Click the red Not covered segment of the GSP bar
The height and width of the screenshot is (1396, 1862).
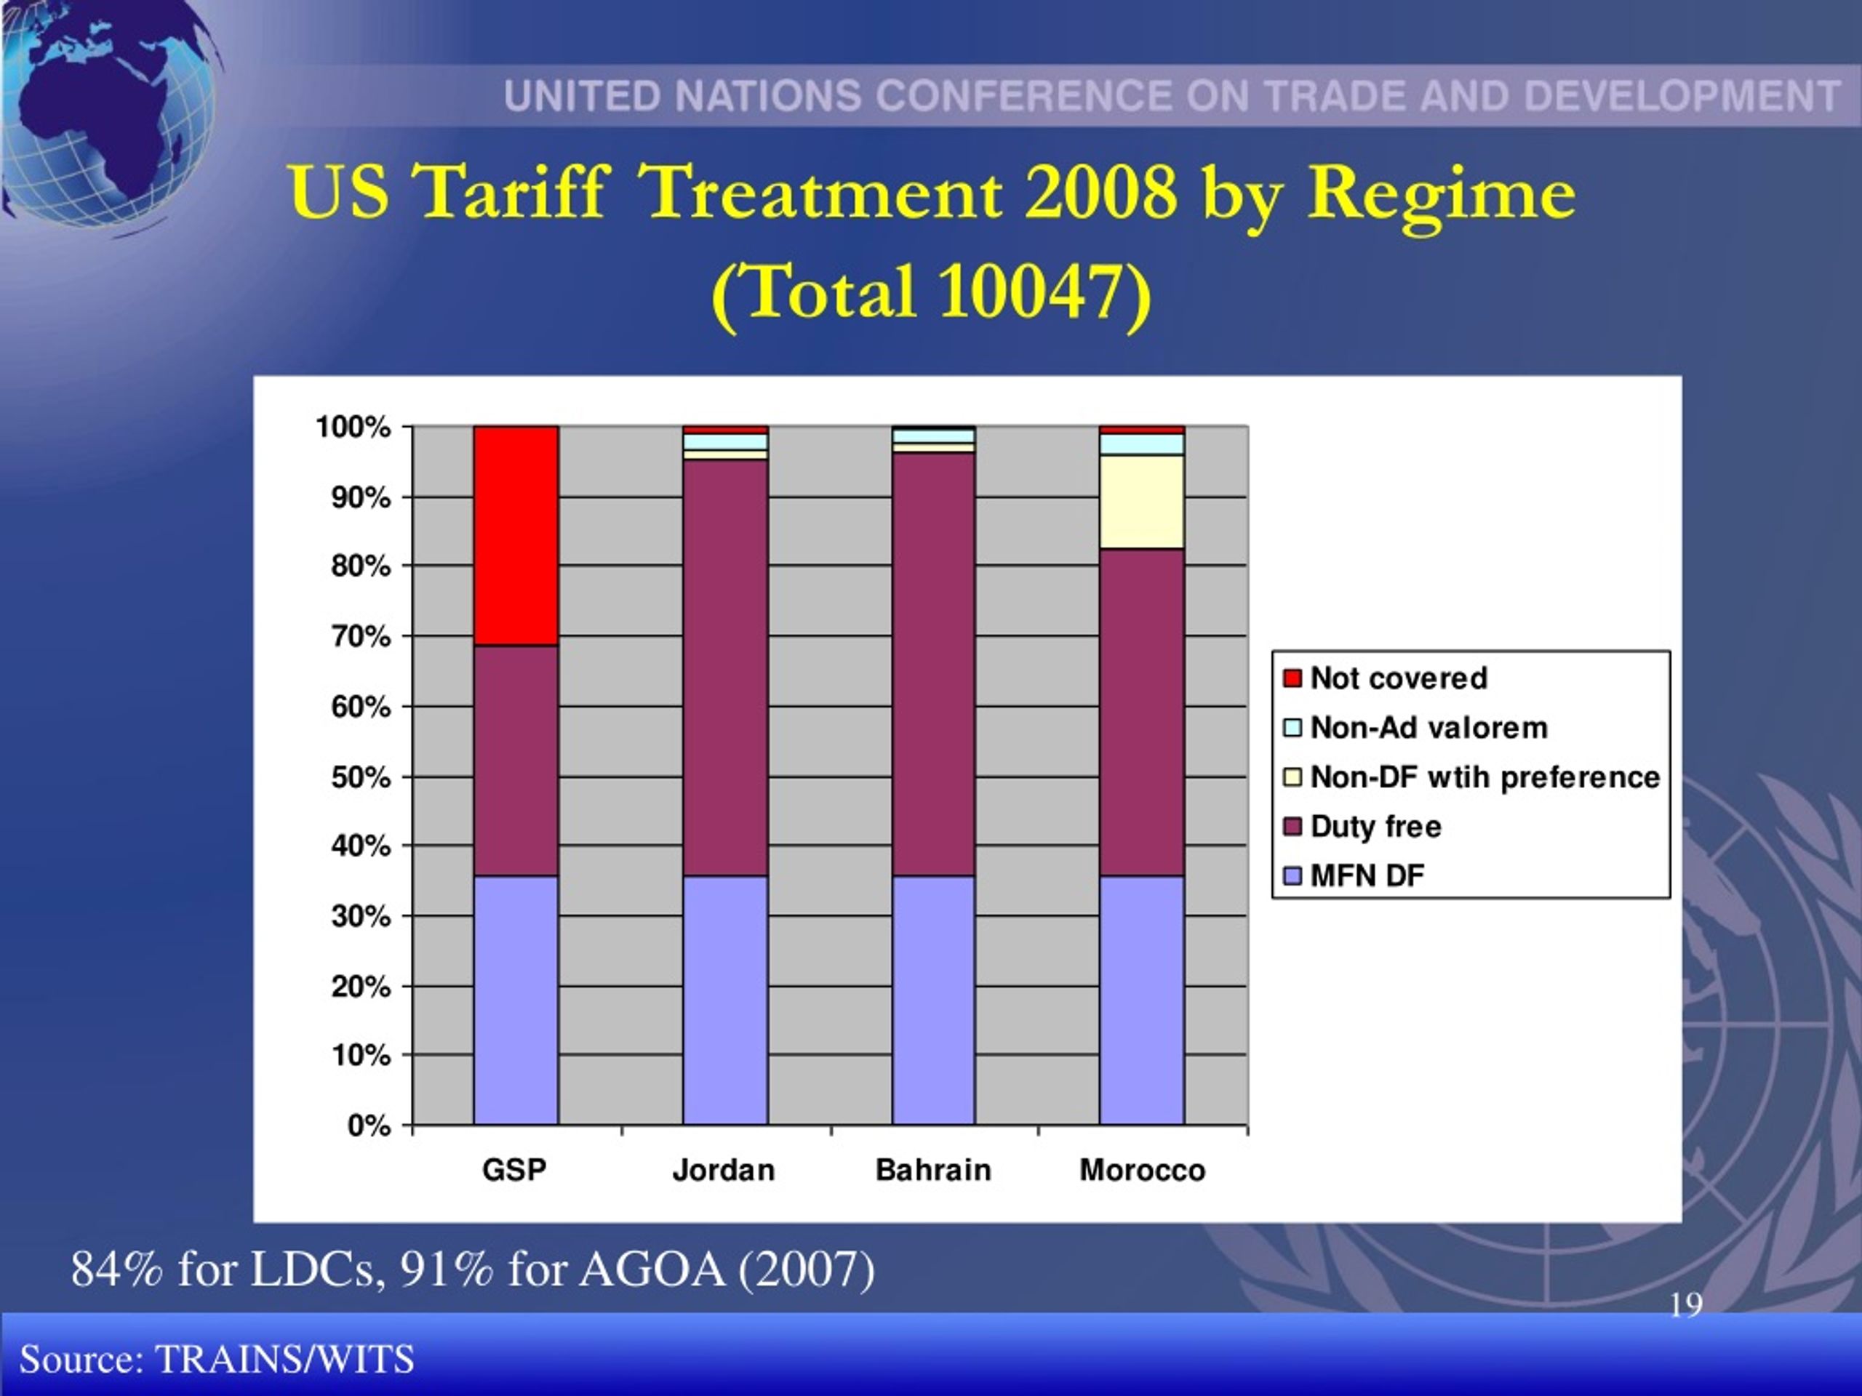click(516, 536)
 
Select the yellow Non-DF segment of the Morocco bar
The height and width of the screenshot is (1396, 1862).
click(1142, 502)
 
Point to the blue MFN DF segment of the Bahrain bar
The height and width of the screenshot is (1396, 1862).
click(933, 1000)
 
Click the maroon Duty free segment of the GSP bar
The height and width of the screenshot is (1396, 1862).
click(516, 761)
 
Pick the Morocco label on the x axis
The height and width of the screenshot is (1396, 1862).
click(1142, 1171)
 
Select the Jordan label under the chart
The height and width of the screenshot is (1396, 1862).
click(724, 1171)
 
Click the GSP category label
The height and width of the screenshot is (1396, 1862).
click(514, 1171)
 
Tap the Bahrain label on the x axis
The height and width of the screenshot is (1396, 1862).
click(933, 1171)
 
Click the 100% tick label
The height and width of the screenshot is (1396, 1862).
click(353, 428)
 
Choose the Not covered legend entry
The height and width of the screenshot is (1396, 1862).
click(1386, 678)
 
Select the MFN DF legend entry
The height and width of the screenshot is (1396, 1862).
click(1354, 876)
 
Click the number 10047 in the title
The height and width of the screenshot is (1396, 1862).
click(1031, 291)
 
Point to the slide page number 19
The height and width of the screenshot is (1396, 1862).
click(1686, 1305)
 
